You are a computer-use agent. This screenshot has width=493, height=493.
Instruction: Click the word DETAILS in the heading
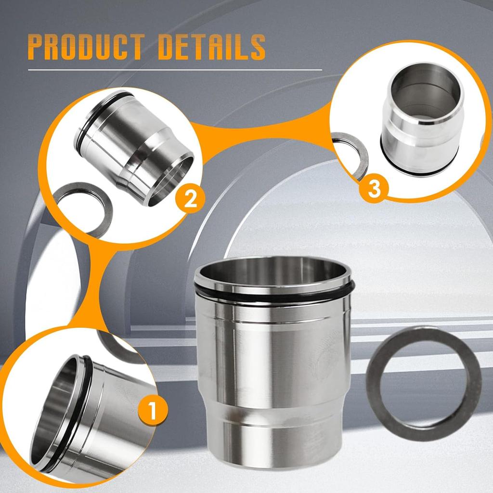pos(212,47)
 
